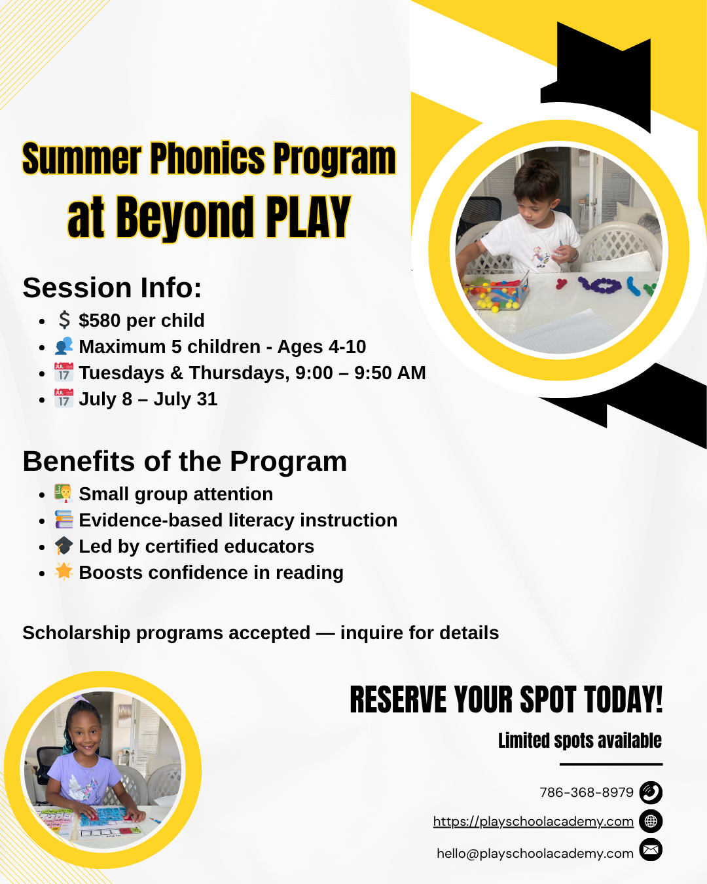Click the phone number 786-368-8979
(587, 792)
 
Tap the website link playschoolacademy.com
(534, 821)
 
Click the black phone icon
(651, 792)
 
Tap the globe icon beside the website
(651, 821)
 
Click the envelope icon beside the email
(651, 849)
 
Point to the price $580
(100, 320)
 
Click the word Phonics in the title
(208, 158)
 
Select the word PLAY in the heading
(308, 217)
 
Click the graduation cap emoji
(63, 545)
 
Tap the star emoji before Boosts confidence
(63, 572)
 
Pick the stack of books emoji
(63, 519)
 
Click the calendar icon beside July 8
(63, 398)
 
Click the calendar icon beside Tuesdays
(63, 372)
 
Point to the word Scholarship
(77, 633)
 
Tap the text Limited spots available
(580, 740)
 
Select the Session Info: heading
(112, 287)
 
